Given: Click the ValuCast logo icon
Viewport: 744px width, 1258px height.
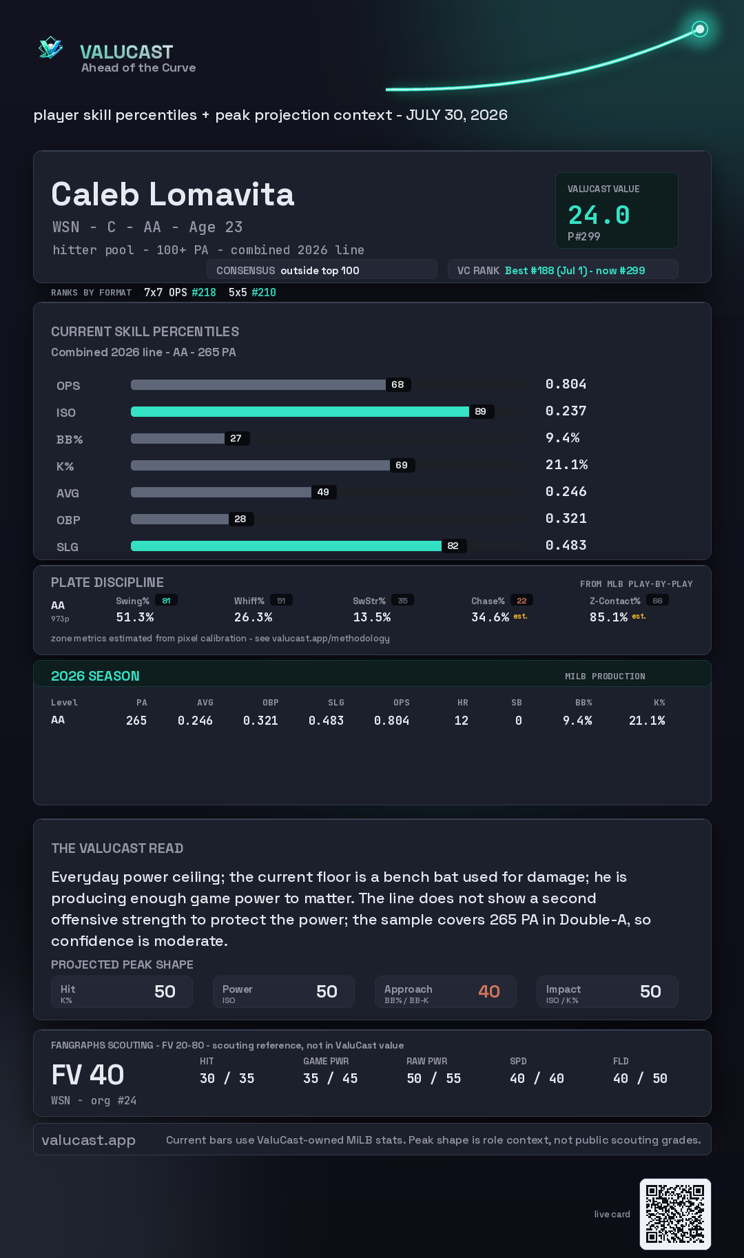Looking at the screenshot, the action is pyautogui.click(x=50, y=48).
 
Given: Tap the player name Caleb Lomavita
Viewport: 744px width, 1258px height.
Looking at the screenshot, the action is pyautogui.click(x=173, y=194).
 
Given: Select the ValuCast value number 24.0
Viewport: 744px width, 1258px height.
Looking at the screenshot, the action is pyautogui.click(x=599, y=215).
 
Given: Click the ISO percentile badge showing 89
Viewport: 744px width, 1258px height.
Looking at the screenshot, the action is pyautogui.click(x=480, y=411).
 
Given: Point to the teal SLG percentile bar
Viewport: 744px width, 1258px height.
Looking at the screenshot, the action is pyautogui.click(x=286, y=546).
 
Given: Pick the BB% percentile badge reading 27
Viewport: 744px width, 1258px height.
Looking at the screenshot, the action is pyautogui.click(x=236, y=438).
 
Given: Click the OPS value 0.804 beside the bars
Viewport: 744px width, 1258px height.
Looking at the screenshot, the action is pyautogui.click(x=566, y=384).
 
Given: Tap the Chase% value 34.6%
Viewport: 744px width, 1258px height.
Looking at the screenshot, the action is pyautogui.click(x=490, y=617).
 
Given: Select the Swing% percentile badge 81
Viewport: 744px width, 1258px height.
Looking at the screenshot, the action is pyautogui.click(x=166, y=601).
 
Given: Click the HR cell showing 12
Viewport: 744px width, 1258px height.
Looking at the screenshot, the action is pyautogui.click(x=461, y=721).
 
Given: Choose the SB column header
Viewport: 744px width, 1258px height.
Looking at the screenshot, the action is pyautogui.click(x=516, y=703).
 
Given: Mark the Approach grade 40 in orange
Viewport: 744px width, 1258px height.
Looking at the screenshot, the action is pyautogui.click(x=489, y=991).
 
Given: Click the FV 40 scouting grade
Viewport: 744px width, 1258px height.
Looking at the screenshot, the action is pyautogui.click(x=87, y=1075).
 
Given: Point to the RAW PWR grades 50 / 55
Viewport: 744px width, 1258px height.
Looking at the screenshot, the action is pyautogui.click(x=433, y=1078).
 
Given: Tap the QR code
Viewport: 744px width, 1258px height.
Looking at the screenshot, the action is pyautogui.click(x=675, y=1214).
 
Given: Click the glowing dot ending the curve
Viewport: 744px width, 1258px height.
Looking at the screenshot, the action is pyautogui.click(x=700, y=29).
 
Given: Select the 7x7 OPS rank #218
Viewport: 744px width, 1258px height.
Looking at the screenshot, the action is pyautogui.click(x=204, y=292).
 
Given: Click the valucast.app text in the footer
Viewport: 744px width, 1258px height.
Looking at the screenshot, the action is pyautogui.click(x=88, y=1140).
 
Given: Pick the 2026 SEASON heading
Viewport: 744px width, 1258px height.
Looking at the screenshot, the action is pyautogui.click(x=95, y=676).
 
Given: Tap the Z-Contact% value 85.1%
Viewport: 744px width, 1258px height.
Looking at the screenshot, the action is pyautogui.click(x=608, y=617).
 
